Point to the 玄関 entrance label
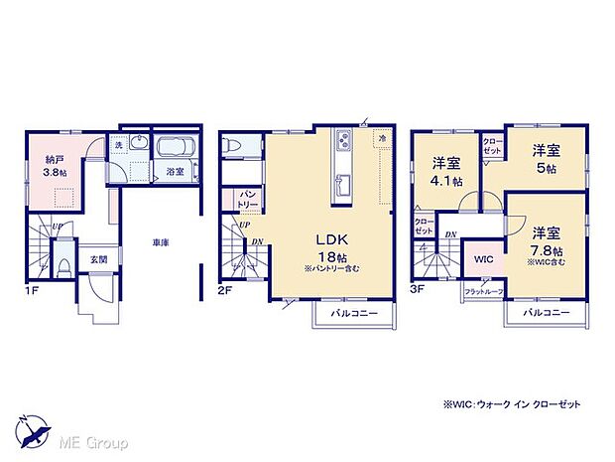86,260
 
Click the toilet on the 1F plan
62,267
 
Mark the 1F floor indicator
31,291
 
